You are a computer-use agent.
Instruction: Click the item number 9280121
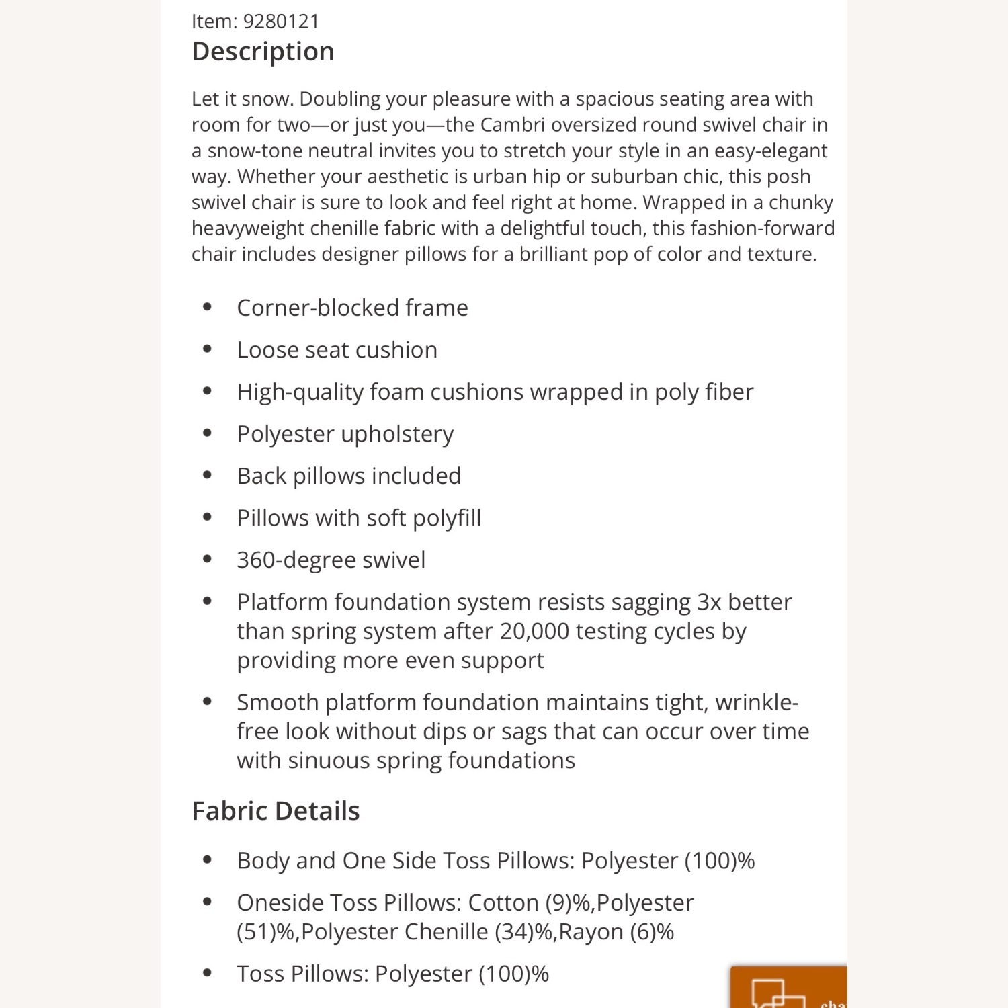(x=281, y=22)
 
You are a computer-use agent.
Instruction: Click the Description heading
(x=263, y=52)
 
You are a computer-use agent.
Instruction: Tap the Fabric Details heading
(x=276, y=811)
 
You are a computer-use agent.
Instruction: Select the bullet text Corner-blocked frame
(x=352, y=308)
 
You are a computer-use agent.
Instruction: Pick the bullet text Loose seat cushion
(x=337, y=350)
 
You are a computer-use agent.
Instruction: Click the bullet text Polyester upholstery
(x=345, y=434)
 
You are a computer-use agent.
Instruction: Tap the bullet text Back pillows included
(x=349, y=476)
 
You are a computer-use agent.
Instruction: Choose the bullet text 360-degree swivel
(x=331, y=560)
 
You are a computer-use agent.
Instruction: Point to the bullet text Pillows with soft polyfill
(x=359, y=518)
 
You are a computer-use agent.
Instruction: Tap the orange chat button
(x=789, y=988)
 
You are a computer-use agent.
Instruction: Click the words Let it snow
(x=243, y=99)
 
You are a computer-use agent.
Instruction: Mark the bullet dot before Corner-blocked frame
(x=207, y=308)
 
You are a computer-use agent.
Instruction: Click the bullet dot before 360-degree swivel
(x=207, y=559)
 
